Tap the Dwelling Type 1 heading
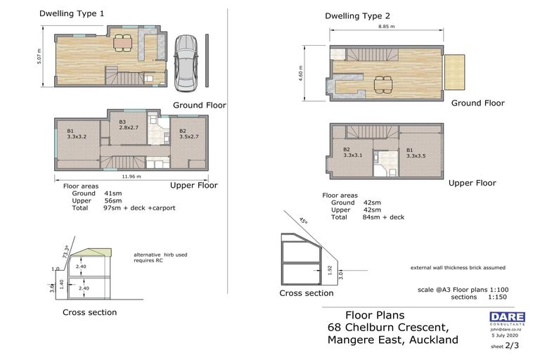[72, 13]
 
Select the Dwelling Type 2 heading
[357, 15]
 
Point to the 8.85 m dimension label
[386, 26]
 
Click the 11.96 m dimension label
[131, 176]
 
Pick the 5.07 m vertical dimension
[39, 56]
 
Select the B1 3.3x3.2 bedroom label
[76, 134]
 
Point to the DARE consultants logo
[507, 318]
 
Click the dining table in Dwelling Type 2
[382, 83]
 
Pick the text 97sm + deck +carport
[138, 208]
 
